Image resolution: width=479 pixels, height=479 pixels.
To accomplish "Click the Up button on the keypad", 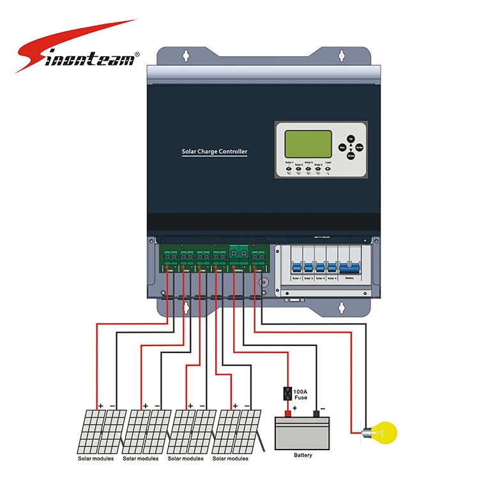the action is [x=351, y=138].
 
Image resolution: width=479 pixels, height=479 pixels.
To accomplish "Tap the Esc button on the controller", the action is [x=342, y=148].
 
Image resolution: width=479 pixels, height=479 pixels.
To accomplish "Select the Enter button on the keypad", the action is [x=360, y=148].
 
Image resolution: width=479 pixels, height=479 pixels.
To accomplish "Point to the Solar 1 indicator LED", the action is [x=289, y=169].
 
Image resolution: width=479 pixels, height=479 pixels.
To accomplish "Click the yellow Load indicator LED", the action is [x=328, y=169].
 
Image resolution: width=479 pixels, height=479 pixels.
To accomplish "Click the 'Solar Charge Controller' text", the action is [x=215, y=151].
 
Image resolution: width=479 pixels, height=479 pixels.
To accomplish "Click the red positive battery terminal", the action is [x=287, y=414].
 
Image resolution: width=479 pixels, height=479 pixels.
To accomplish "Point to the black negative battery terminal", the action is [x=316, y=414].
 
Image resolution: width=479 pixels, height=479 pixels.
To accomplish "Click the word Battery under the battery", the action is [x=303, y=455].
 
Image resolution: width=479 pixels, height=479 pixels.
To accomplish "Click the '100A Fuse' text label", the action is [x=300, y=394].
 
